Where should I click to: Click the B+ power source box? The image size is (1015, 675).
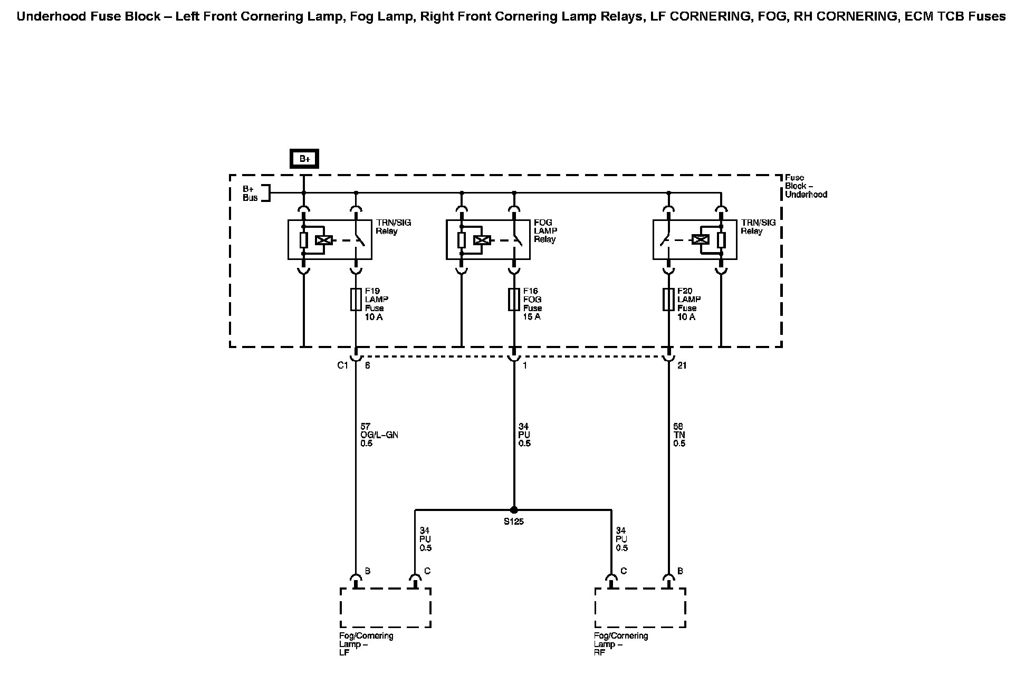[304, 159]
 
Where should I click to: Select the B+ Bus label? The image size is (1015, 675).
[250, 193]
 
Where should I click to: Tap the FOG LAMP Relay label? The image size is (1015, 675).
[545, 231]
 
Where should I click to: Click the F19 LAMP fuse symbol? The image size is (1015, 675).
[356, 300]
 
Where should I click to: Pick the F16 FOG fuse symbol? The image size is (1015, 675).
[514, 300]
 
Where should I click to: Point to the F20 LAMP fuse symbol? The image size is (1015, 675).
[668, 300]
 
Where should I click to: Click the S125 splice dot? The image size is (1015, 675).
[514, 510]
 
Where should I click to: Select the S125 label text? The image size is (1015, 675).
[513, 522]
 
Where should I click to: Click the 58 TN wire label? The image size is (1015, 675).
[679, 435]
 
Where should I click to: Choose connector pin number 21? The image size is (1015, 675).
[682, 365]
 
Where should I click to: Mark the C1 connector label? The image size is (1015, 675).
[343, 365]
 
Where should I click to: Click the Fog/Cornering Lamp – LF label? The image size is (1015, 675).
[366, 644]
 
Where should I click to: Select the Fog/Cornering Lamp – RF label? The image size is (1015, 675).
[621, 644]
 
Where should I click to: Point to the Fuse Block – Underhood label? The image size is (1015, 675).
[806, 186]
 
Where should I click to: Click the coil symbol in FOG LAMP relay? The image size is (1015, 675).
[482, 240]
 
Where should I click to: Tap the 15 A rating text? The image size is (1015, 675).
[532, 317]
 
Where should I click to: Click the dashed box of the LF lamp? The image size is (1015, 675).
[386, 608]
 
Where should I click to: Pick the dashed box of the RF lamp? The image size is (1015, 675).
[640, 608]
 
